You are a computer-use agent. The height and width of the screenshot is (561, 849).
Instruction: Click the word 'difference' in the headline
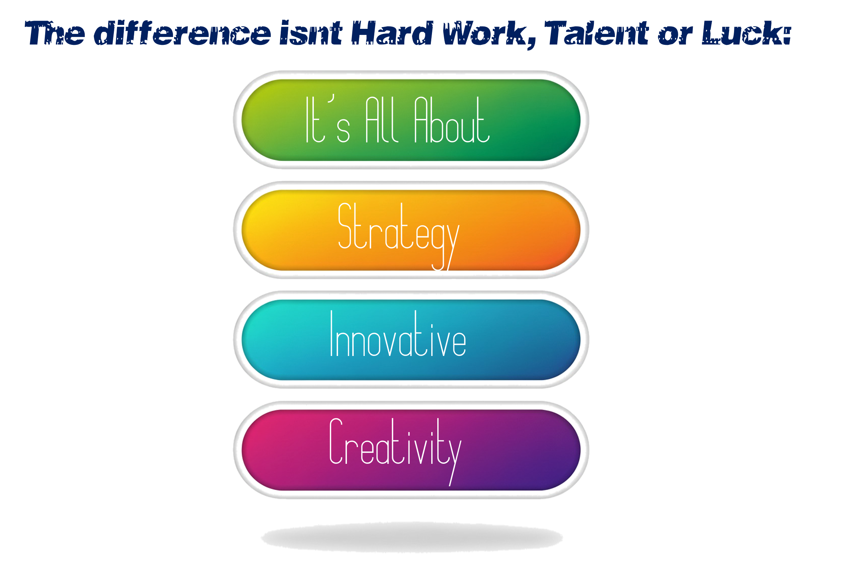pyautogui.click(x=183, y=33)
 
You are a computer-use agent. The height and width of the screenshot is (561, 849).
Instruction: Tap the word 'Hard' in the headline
pyautogui.click(x=392, y=33)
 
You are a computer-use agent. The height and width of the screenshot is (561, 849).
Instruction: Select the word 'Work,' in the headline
pyautogui.click(x=490, y=34)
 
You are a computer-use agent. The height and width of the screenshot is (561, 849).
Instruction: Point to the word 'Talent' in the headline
pyautogui.click(x=596, y=33)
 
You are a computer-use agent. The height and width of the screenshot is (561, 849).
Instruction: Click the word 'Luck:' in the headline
pyautogui.click(x=747, y=33)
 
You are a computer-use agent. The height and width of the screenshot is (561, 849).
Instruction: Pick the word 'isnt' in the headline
pyautogui.click(x=311, y=33)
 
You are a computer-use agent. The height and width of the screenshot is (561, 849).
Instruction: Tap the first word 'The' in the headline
pyautogui.click(x=55, y=33)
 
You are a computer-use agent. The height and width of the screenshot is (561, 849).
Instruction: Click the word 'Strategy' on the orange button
pyautogui.click(x=399, y=236)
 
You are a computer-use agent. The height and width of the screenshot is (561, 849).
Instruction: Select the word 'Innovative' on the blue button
pyautogui.click(x=398, y=334)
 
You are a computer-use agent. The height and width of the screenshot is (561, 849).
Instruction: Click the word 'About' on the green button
pyautogui.click(x=452, y=120)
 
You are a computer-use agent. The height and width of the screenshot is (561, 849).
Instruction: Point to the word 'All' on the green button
pyautogui.click(x=381, y=120)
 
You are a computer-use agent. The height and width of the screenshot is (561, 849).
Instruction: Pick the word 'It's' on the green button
pyautogui.click(x=328, y=119)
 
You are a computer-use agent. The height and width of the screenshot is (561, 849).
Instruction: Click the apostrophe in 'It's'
pyautogui.click(x=332, y=98)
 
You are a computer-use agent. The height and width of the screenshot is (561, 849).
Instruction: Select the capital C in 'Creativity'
pyautogui.click(x=336, y=441)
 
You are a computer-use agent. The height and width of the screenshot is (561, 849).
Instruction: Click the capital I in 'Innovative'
pyautogui.click(x=332, y=334)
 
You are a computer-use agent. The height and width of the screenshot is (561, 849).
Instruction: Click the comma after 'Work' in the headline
pyautogui.click(x=532, y=44)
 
